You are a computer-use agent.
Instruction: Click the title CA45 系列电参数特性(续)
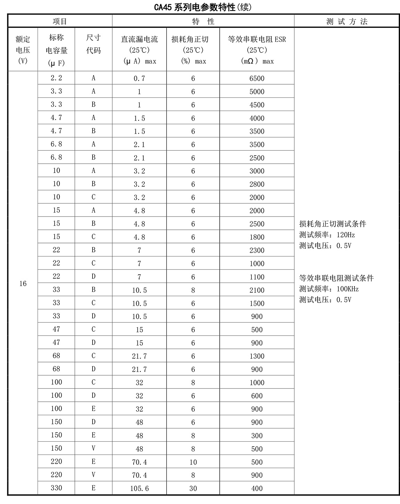[x=203, y=7]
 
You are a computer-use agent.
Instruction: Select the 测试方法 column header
[x=346, y=22]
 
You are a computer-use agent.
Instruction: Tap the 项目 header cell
[x=60, y=22]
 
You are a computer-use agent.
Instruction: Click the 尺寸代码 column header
[x=93, y=44]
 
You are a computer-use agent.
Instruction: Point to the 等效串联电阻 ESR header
[x=257, y=50]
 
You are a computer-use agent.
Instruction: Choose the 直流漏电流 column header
[x=139, y=50]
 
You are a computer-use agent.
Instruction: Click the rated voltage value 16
[x=23, y=284]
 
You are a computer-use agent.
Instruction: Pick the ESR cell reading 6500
[x=257, y=79]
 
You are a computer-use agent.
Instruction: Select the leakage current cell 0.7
[x=139, y=79]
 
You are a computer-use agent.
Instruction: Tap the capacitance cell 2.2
[x=56, y=78]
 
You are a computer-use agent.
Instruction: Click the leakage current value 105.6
[x=139, y=489]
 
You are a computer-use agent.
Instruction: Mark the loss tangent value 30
[x=193, y=489]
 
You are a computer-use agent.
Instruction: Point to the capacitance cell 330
[x=56, y=488]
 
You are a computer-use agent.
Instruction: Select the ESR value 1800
[x=257, y=237]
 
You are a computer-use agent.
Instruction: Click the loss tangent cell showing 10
[x=193, y=462]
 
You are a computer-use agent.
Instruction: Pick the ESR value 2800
[x=257, y=184]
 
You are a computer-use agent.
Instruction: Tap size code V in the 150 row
[x=93, y=448]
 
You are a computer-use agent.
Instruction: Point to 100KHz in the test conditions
[x=347, y=289]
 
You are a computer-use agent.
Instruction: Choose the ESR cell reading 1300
[x=257, y=356]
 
